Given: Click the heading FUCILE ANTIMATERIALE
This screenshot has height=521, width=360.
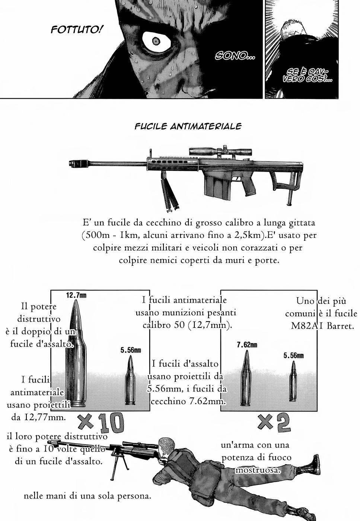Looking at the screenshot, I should pyautogui.click(x=188, y=126).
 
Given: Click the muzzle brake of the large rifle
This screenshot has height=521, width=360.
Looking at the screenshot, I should pyautogui.click(x=76, y=163).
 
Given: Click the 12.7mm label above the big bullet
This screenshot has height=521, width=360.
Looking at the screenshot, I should pyautogui.click(x=76, y=295).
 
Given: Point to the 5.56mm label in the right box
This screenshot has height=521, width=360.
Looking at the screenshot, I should pyautogui.click(x=293, y=355).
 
